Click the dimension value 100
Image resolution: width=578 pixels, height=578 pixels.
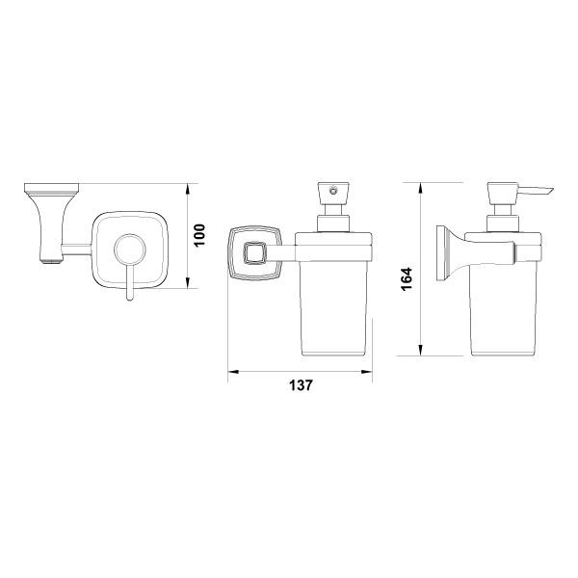199,235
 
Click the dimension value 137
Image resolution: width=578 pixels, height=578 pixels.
301,385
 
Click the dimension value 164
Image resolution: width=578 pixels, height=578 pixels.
407,279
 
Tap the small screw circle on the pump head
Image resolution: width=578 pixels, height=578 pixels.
333,192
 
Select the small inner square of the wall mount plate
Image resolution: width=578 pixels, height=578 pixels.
253,252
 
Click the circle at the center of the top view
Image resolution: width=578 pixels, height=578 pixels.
130,250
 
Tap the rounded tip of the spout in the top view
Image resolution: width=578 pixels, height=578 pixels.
129,298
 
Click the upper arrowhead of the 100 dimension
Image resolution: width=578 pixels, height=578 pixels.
188,190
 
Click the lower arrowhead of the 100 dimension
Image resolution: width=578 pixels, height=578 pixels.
188,282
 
